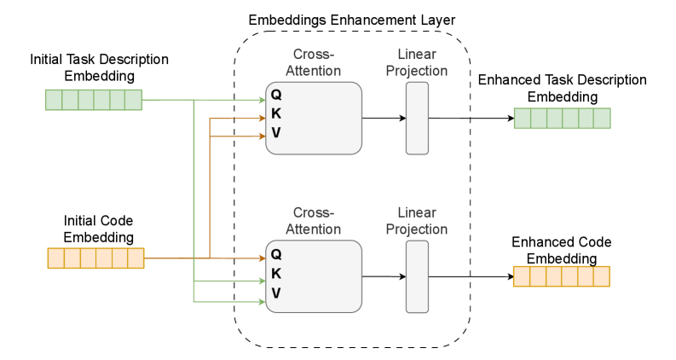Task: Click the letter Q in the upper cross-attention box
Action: (276, 95)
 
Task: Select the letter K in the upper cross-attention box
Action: (276, 113)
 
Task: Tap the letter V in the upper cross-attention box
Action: (276, 133)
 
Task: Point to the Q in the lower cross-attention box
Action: (276, 254)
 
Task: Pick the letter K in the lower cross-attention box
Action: (276, 274)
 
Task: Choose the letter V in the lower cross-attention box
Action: (276, 293)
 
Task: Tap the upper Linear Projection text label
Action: (416, 62)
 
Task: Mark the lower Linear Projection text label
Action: (416, 221)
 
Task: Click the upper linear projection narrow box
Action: (417, 118)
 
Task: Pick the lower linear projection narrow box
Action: (417, 276)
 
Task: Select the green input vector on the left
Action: (94, 100)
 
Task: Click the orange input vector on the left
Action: (95, 258)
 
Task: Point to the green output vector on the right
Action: (562, 119)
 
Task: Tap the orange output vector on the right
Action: (561, 276)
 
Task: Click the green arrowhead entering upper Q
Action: (262, 100)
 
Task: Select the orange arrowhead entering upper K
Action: (262, 119)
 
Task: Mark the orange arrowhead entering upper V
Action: (262, 136)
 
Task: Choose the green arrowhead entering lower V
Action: (262, 301)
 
